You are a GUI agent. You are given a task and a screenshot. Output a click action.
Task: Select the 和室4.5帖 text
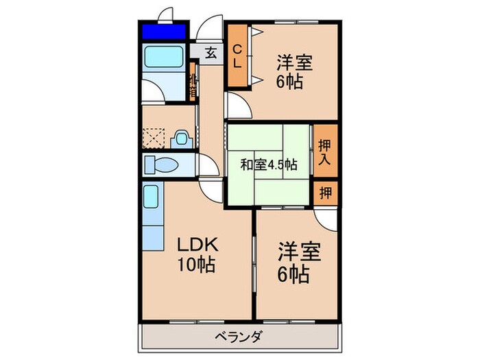pyautogui.click(x=268, y=165)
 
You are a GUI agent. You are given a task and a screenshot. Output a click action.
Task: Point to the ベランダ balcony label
pyautogui.click(x=240, y=336)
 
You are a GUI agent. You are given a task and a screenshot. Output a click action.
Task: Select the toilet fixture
pyautogui.click(x=160, y=165)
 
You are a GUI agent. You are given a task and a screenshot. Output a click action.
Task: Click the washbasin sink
pyautogui.click(x=182, y=139)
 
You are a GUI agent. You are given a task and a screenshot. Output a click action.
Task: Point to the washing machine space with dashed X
pyautogui.click(x=154, y=139)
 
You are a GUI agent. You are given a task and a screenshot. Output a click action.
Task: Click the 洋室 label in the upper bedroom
pyautogui.click(x=295, y=63)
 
